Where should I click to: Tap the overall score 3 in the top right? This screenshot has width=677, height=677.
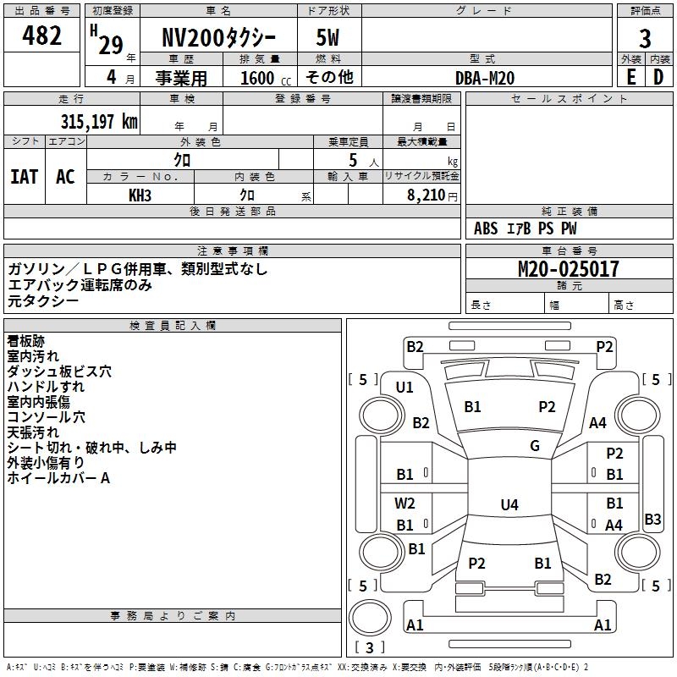tap(645, 39)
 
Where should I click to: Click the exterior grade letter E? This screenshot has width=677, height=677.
tap(630, 77)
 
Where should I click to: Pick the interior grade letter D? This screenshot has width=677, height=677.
tap(658, 77)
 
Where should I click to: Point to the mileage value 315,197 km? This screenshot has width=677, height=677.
tap(99, 121)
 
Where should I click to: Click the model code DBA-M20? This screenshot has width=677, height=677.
tap(484, 78)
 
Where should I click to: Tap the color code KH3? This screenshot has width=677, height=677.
tap(140, 195)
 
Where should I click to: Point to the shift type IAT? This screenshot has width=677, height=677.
tap(24, 176)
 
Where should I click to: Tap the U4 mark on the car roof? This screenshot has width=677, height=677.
tap(509, 505)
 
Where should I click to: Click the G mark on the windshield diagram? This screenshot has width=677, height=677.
tap(535, 446)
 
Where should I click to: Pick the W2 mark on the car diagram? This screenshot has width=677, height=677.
tap(405, 503)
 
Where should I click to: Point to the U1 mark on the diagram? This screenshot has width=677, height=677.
tap(405, 388)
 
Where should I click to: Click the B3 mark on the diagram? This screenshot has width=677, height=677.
tap(652, 520)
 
